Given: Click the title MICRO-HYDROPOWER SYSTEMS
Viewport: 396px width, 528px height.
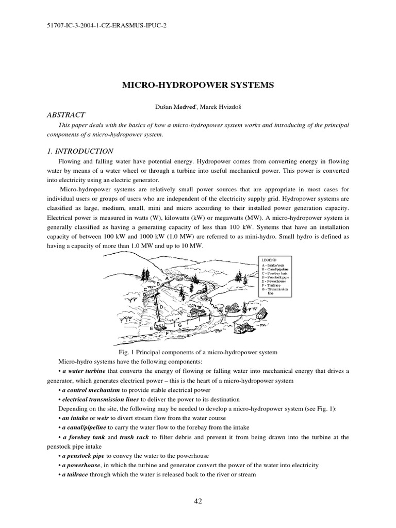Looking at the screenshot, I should coord(198,84).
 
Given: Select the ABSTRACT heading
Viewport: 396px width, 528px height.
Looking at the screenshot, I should coord(67,115).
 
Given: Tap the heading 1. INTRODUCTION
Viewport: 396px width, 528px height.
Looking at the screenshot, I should coord(80,151).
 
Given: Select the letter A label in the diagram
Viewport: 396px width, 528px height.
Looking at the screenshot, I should coord(167,278).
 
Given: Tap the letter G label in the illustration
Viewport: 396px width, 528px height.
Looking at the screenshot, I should coord(179,325).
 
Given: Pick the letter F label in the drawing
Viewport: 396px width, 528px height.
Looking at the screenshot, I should coord(167,334).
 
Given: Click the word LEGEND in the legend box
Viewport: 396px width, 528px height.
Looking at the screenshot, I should coord(269,260).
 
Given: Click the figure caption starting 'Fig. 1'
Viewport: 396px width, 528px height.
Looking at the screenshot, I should coord(198,352).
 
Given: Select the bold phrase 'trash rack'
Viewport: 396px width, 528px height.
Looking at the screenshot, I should coord(135,437).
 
